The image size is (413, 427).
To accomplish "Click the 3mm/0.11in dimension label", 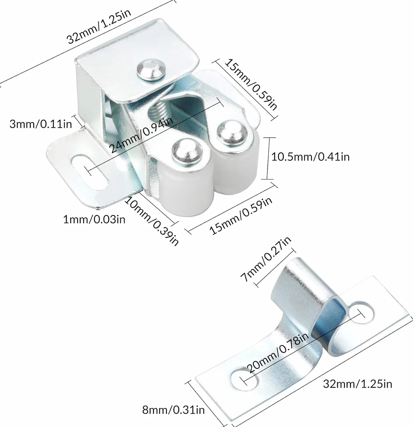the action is tap(41, 124).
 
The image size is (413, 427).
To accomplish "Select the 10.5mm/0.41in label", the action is tap(310, 157).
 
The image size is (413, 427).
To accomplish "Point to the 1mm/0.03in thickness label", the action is tap(94, 219).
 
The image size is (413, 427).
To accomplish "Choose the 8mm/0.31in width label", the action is tap(174, 410).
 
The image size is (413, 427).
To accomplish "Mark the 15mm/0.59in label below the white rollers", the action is tap(241, 216).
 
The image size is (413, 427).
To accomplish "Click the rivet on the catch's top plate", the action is tap(151, 69).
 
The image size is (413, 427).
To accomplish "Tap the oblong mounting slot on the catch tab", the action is tap(90, 172).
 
